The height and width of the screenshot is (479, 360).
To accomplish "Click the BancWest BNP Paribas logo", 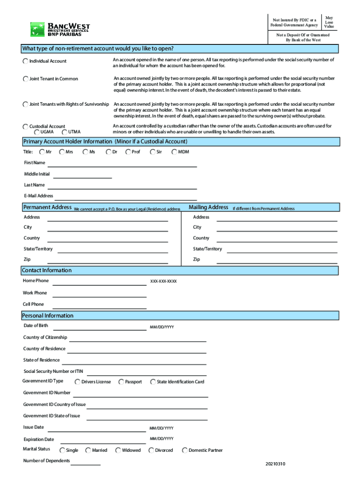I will [x=60, y=29].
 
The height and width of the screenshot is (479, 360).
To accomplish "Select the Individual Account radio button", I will [x=25, y=61].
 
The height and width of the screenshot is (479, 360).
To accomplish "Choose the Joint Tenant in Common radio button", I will [x=25, y=79].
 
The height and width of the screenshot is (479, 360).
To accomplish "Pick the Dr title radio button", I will [x=108, y=152].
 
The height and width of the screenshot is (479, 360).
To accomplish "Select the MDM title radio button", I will [x=174, y=152].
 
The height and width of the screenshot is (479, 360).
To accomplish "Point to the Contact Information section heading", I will [x=47, y=270].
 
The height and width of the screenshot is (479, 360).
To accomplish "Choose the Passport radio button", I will [x=122, y=382].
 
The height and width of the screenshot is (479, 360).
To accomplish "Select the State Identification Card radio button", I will [x=153, y=382].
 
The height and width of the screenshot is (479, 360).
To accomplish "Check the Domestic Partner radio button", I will [x=185, y=450].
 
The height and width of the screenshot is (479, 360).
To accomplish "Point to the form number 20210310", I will [x=275, y=464].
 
